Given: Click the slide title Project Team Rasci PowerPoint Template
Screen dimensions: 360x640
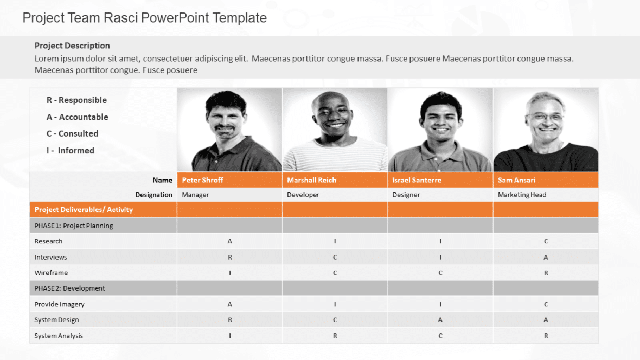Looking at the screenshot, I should pyautogui.click(x=144, y=18).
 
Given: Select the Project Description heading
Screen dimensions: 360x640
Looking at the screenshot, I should pyautogui.click(x=72, y=46).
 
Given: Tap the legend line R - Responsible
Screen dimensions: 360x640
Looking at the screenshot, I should pyautogui.click(x=76, y=100).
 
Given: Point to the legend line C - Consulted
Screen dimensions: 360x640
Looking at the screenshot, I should pyautogui.click(x=72, y=133).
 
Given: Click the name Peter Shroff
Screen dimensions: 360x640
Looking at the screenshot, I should pyautogui.click(x=202, y=180).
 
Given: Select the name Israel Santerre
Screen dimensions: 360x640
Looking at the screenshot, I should pyautogui.click(x=417, y=180).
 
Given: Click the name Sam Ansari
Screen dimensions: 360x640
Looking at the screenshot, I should pyautogui.click(x=516, y=180).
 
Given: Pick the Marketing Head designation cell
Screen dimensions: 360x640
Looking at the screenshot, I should pyautogui.click(x=522, y=195).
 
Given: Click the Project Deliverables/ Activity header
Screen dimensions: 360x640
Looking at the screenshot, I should pyautogui.click(x=84, y=209).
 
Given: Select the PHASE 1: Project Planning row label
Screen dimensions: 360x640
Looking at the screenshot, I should pyautogui.click(x=74, y=226).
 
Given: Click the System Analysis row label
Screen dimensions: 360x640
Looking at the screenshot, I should pyautogui.click(x=59, y=336).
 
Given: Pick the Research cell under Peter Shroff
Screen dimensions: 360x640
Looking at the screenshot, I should pyautogui.click(x=230, y=241).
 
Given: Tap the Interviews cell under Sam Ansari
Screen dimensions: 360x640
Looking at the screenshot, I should pyautogui.click(x=546, y=257).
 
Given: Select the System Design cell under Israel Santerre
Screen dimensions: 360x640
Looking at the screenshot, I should pyautogui.click(x=440, y=320).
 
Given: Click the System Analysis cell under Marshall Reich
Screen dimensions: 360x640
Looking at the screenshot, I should pyautogui.click(x=335, y=336).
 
